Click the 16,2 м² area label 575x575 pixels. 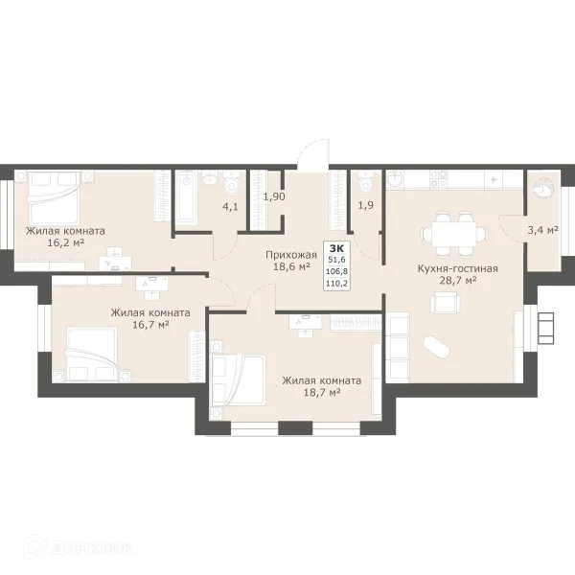click(x=66, y=242)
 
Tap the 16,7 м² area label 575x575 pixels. click(x=150, y=325)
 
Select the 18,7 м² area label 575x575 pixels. click(x=322, y=392)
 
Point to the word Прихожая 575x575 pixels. click(x=291, y=255)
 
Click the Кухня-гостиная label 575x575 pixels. click(x=458, y=268)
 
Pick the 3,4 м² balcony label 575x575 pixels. click(x=542, y=230)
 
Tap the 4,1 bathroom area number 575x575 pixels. click(x=230, y=207)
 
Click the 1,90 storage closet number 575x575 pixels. click(x=274, y=196)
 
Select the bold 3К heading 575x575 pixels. click(x=336, y=247)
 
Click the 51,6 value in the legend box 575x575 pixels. click(x=336, y=260)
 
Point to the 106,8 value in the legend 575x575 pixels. click(x=336, y=271)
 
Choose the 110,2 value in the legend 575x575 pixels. click(x=336, y=283)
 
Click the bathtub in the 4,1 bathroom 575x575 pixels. click(x=187, y=198)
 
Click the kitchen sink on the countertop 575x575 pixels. click(x=395, y=179)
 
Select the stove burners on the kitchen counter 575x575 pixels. click(x=439, y=179)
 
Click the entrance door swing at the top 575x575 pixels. click(x=312, y=154)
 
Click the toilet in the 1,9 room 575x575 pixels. click(x=365, y=182)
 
